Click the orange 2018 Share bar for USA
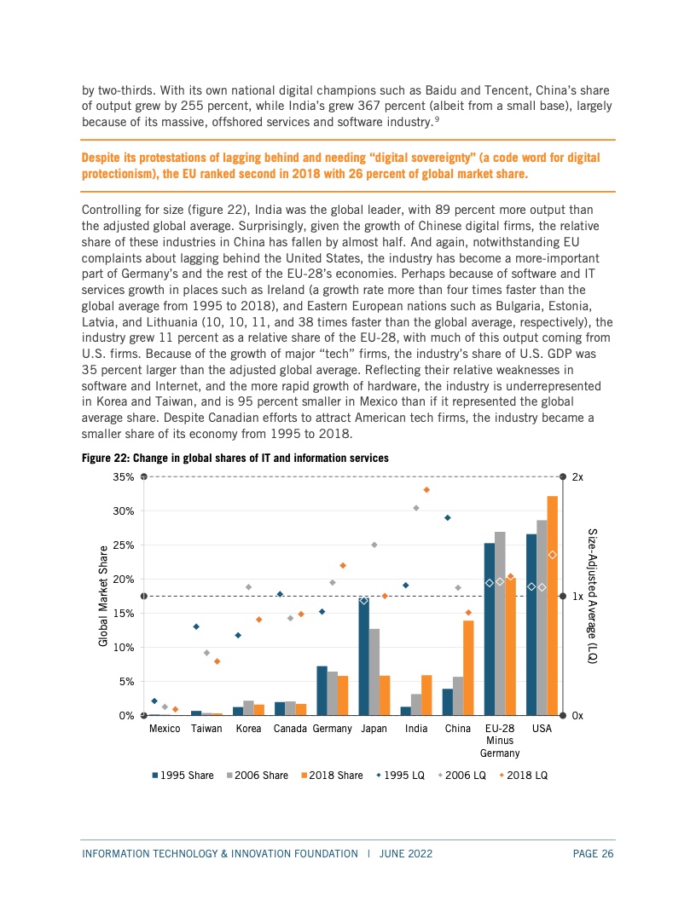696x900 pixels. pos(553,606)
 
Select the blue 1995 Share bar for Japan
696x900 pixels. pos(363,656)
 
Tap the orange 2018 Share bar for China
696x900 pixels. pos(468,668)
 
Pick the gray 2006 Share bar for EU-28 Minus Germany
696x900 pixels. pos(500,623)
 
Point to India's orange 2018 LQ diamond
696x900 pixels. pos(426,489)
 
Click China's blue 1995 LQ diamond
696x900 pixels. pos(448,517)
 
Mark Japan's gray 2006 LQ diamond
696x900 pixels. pos(374,545)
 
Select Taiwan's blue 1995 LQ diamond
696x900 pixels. pos(196,626)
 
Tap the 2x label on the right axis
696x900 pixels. pos(577,477)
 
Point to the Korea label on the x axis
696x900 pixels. pos(249,729)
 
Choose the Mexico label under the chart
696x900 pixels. pos(165,729)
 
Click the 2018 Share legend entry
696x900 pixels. pos(332,776)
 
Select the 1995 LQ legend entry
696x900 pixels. pos(400,776)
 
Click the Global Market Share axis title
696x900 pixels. pos(103,596)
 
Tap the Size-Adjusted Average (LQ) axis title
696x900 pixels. pos(593,596)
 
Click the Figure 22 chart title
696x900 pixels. pos(235,458)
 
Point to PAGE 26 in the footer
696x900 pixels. pos(593,853)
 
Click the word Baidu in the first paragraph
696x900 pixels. pos(441,90)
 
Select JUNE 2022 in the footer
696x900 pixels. pos(406,853)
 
